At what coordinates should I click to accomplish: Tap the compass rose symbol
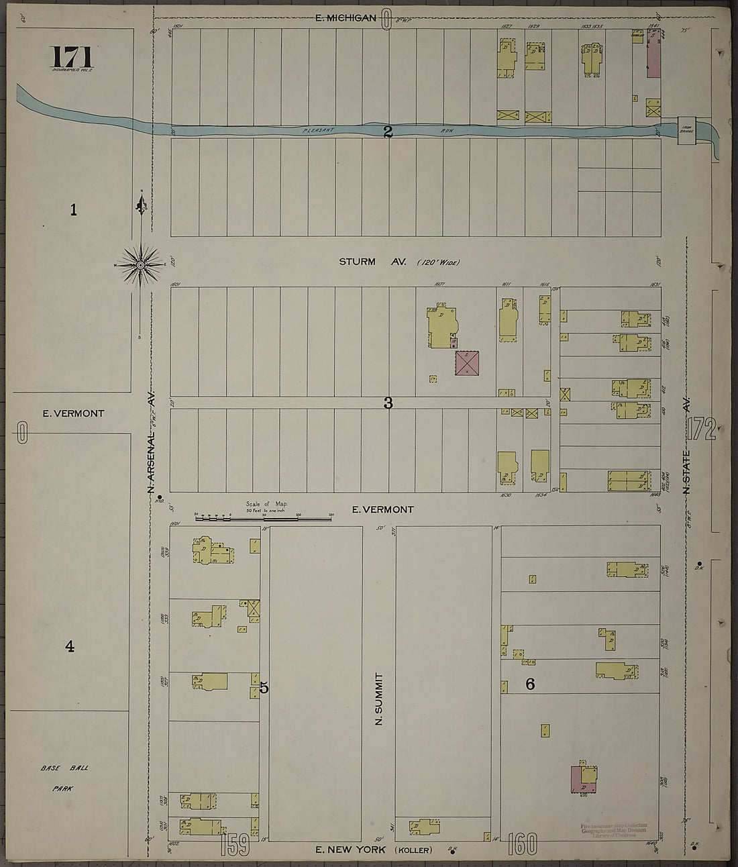[x=141, y=264]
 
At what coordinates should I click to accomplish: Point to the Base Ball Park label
[x=64, y=778]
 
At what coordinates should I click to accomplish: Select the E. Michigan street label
[x=346, y=17]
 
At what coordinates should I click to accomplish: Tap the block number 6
[x=529, y=684]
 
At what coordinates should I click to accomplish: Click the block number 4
[x=69, y=647]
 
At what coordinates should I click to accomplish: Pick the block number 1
[x=73, y=210]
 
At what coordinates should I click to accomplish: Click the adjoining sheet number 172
[x=702, y=429]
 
